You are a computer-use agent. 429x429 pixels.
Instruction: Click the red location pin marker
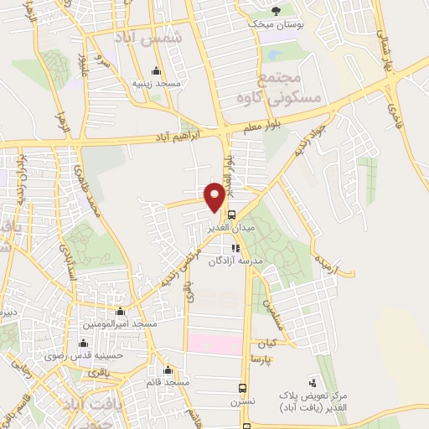pos(214,196)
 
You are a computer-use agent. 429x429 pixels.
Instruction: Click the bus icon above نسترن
pos(242,389)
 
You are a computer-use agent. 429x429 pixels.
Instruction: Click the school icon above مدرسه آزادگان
pos(235,248)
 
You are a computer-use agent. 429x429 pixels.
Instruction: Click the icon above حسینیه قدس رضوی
pos(82,343)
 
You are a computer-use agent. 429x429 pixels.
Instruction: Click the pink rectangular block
pos(214,344)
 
